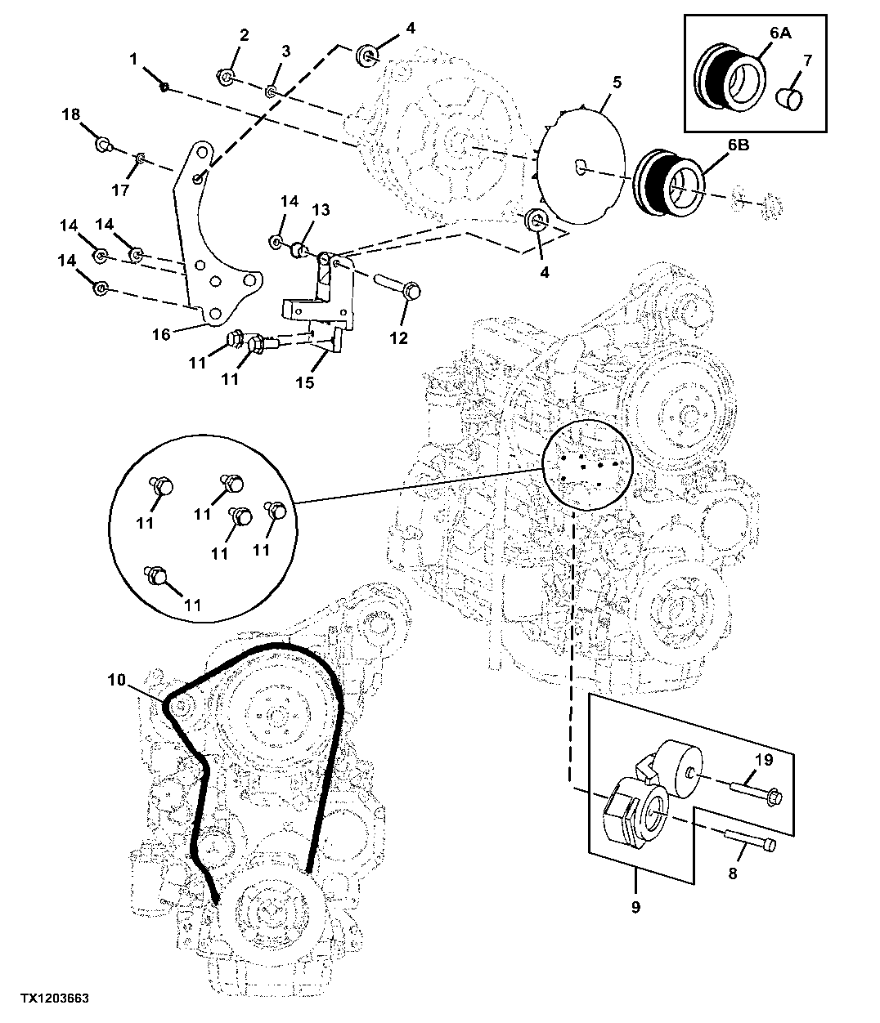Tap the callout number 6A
(780, 33)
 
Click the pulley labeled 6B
(668, 180)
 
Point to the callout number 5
(617, 83)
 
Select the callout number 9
(635, 907)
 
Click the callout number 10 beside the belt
(117, 680)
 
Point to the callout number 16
(161, 334)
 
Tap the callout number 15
(305, 382)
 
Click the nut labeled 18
(102, 144)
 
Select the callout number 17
(120, 190)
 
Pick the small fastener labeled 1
(164, 87)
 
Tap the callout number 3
(286, 51)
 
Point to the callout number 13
(321, 210)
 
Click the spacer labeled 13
(300, 250)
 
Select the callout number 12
(398, 338)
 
